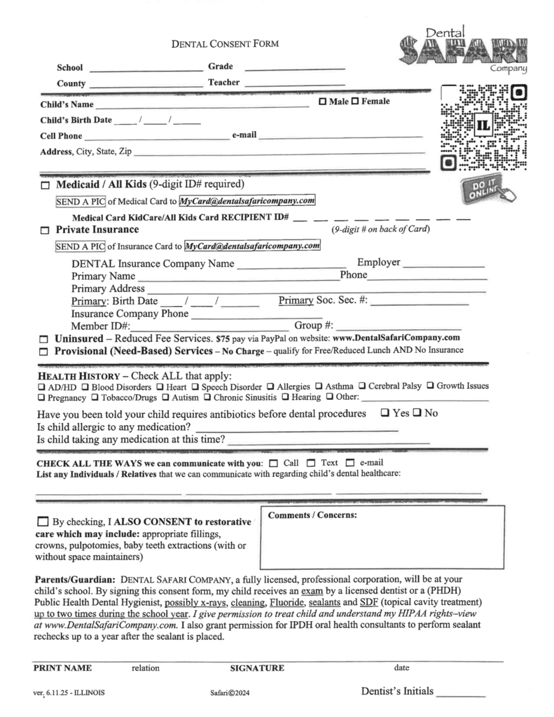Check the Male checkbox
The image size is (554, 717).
(x=322, y=102)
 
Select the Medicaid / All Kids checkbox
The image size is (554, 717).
(x=46, y=186)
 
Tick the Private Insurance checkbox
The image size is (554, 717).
(x=46, y=230)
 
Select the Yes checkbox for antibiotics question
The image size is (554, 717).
(x=385, y=412)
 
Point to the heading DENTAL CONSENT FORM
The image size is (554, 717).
(x=225, y=44)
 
